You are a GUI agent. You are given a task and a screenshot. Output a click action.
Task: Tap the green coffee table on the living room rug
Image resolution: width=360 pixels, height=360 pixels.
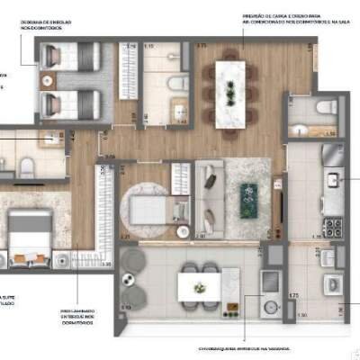247,200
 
